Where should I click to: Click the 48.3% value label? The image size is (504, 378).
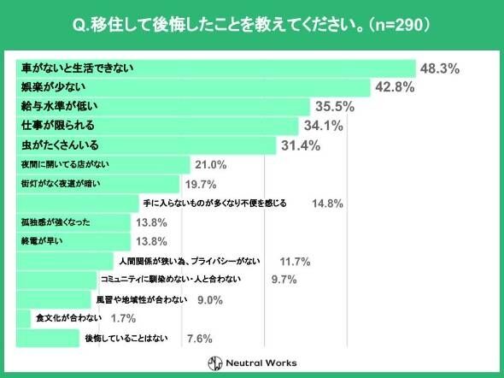click(x=439, y=68)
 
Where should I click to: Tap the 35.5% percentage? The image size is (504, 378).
click(x=336, y=107)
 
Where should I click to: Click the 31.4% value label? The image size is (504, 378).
click(x=300, y=145)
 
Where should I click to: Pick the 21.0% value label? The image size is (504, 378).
click(x=210, y=165)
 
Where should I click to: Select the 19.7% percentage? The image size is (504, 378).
click(x=200, y=184)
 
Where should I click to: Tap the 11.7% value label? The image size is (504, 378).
click(x=295, y=261)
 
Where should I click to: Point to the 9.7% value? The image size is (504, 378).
click(x=284, y=280)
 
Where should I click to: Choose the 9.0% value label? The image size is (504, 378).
click(x=210, y=299)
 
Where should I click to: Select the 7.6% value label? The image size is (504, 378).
click(x=199, y=339)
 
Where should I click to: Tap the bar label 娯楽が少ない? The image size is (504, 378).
click(x=52, y=87)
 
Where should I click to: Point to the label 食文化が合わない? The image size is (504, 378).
click(x=69, y=318)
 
